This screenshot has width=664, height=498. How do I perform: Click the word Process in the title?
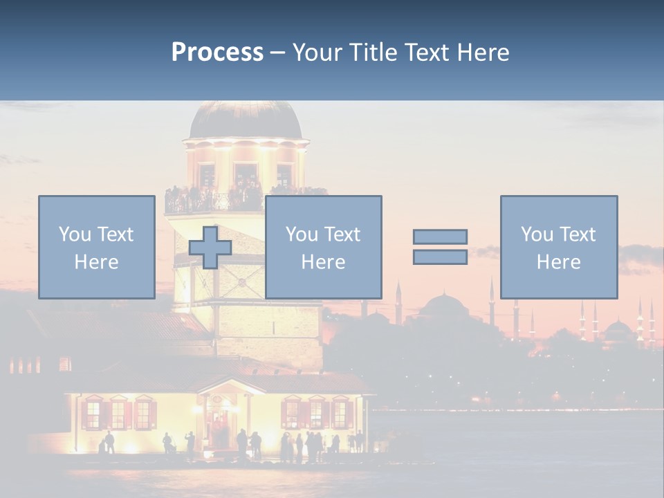point(217,52)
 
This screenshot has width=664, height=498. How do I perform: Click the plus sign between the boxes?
point(210,247)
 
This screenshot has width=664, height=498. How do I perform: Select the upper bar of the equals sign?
point(440,237)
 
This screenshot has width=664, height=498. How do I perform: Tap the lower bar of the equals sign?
point(440,257)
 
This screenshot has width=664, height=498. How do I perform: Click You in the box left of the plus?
point(74,234)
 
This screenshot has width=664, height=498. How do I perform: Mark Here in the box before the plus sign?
point(96,262)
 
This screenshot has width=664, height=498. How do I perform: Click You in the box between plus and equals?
point(301,234)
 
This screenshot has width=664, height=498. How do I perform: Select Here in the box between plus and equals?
point(323,262)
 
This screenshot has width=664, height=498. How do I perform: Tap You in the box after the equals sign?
point(536,234)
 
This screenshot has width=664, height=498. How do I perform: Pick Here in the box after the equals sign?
point(558,262)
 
